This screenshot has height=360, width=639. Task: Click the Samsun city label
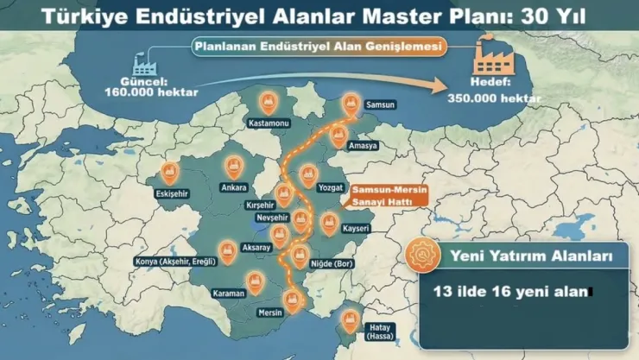point(380,104)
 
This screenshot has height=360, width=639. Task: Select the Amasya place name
point(363,145)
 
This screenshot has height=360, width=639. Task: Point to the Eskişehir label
point(171,193)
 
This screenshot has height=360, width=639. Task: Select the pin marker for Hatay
point(350,319)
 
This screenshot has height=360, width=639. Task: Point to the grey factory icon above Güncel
point(144,63)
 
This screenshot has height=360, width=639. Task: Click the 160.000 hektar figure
point(164,92)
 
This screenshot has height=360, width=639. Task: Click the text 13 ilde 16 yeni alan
point(509,292)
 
